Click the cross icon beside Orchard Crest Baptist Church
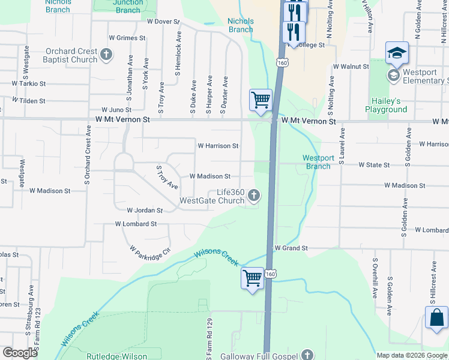point(106,55)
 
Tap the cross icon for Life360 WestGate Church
point(255,194)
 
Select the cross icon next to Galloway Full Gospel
point(307,355)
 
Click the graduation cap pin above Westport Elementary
point(397,54)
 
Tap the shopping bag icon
point(436,318)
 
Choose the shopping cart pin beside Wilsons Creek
point(253,278)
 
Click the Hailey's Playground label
point(386,105)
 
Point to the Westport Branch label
point(316,162)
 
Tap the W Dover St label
point(163,22)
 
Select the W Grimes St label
point(127,38)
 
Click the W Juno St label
point(116,110)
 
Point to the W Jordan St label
point(145,211)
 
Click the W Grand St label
point(291,248)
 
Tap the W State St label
point(374,164)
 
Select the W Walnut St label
point(351,66)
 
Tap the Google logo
point(20,353)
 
